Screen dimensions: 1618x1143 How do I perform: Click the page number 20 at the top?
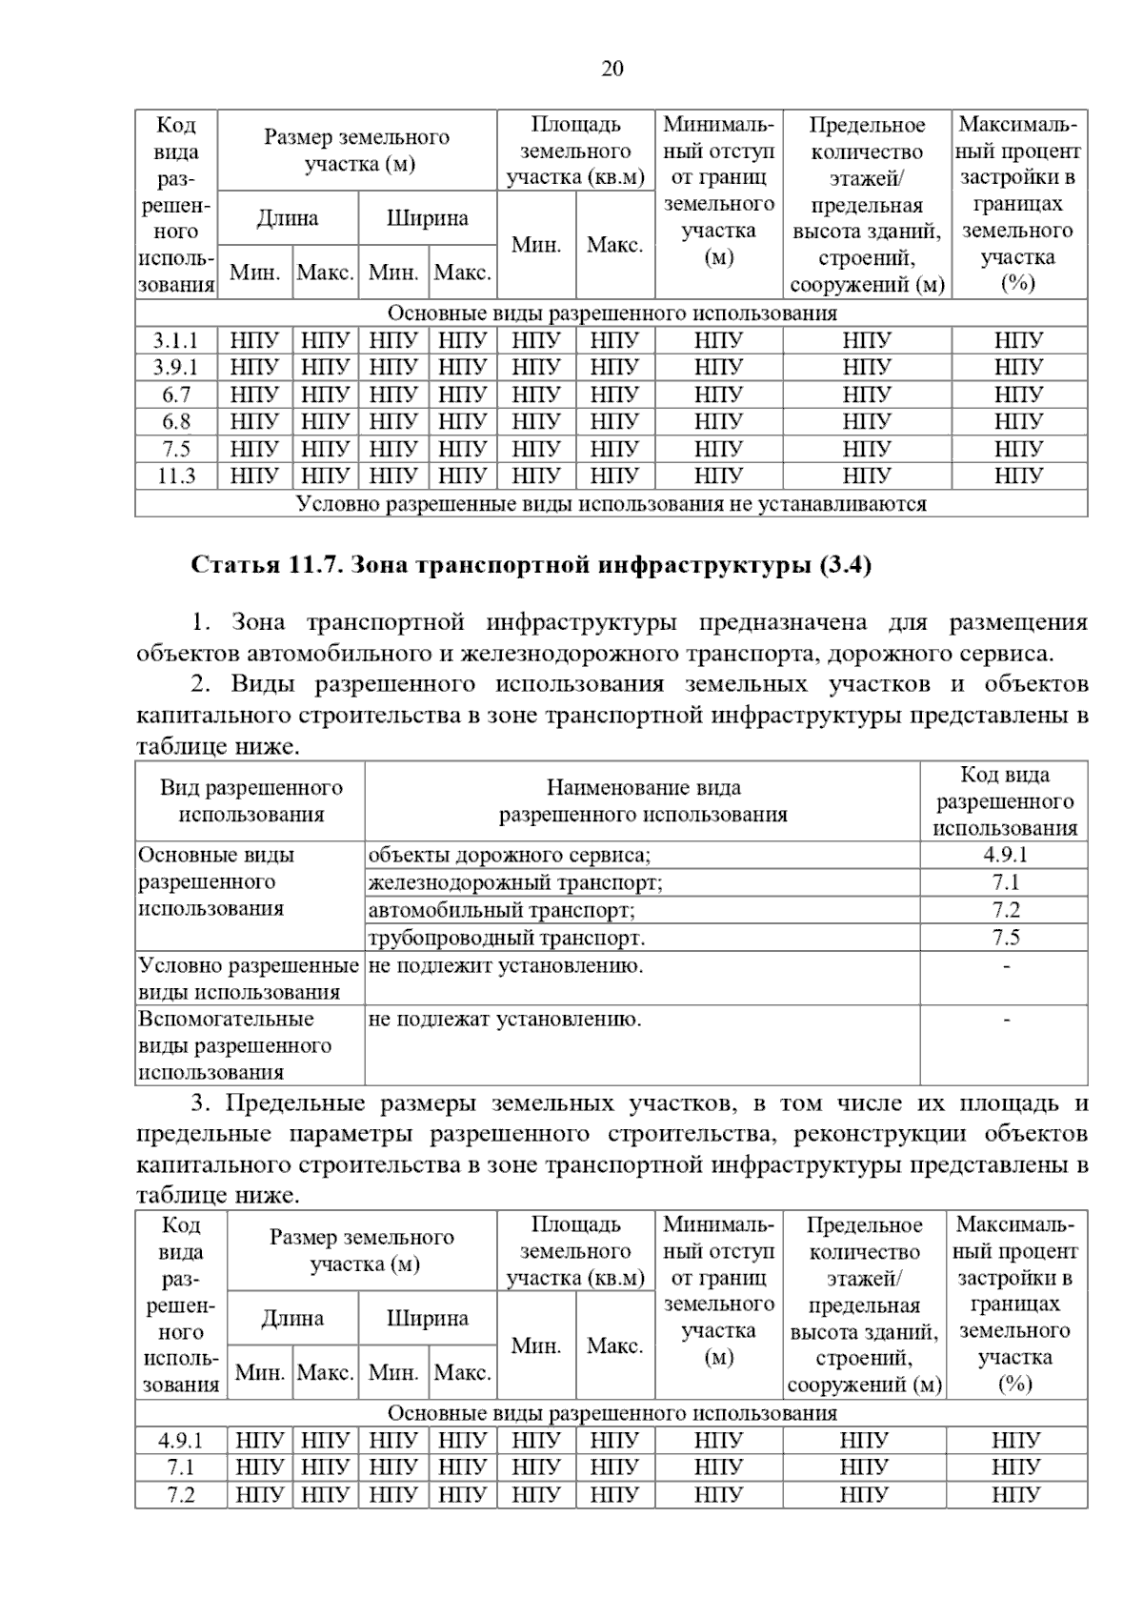[x=612, y=70]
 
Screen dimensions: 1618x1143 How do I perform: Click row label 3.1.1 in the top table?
[x=176, y=340]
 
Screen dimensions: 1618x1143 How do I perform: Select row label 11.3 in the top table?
[x=176, y=475]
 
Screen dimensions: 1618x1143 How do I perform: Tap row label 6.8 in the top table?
[x=176, y=421]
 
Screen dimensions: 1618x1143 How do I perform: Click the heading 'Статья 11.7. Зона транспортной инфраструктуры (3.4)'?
[x=531, y=565]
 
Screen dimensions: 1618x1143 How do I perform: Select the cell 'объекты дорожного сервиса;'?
[x=510, y=855]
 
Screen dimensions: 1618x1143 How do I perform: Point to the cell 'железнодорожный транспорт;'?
[x=515, y=882]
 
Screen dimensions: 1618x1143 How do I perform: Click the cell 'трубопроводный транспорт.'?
[x=507, y=938]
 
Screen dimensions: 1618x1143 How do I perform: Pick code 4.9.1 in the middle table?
[x=1005, y=855]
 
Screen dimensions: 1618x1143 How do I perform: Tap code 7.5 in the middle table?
[x=1005, y=938]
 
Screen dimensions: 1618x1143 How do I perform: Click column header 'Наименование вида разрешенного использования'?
[x=643, y=800]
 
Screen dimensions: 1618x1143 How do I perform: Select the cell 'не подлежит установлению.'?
[x=506, y=965]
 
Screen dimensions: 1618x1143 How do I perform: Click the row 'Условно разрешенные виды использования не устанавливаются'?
[x=611, y=503]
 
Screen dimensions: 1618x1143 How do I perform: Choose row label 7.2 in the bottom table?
[x=181, y=1494]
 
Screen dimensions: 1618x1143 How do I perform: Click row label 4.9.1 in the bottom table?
[x=181, y=1440]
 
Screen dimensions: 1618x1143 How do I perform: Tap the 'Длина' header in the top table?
[x=288, y=218]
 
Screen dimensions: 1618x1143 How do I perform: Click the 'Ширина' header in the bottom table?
[x=427, y=1319]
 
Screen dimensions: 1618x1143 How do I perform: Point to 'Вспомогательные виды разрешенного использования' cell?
[x=235, y=1045]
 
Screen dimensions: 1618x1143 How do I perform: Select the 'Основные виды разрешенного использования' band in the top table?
[x=611, y=313]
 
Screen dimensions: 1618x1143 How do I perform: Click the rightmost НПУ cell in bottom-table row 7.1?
[x=1015, y=1467]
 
